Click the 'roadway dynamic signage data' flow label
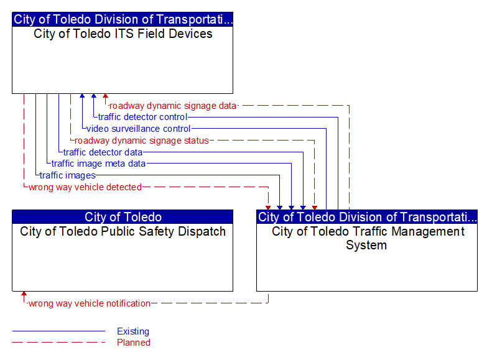[173, 106]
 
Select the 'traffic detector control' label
[142, 117]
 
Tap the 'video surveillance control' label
[138, 129]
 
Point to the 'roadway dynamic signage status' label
[142, 141]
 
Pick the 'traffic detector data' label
[103, 152]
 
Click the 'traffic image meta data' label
[98, 164]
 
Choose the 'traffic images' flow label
[68, 175]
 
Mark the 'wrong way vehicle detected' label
[85, 187]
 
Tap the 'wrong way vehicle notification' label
[90, 303]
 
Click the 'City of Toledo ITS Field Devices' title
[123, 34]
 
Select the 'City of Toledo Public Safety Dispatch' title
[123, 232]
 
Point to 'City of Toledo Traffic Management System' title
[368, 238]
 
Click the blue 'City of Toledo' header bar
[123, 217]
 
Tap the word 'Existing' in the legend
[133, 331]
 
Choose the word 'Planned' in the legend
[134, 343]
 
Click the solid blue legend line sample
[58, 331]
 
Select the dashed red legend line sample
[58, 343]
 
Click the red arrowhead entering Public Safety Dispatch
[24, 294]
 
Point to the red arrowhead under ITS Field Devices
[106, 96]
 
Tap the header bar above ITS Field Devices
[123, 19]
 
